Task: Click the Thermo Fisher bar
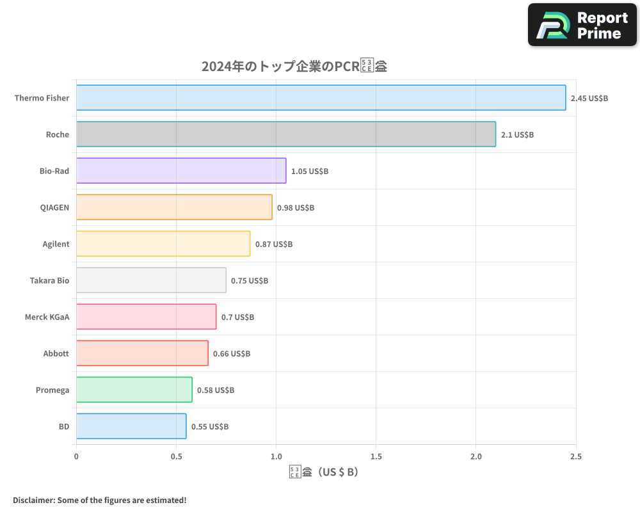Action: [321, 98]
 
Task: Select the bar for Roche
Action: [285, 134]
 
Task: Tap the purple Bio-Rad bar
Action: [181, 171]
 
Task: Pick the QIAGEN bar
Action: [174, 207]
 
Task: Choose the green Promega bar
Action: [134, 390]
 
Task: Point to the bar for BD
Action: [131, 426]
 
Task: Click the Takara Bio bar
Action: [151, 280]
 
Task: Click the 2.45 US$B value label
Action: [589, 99]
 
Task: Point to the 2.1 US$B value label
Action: [517, 135]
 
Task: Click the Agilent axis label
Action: [56, 244]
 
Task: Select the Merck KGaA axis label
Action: [47, 317]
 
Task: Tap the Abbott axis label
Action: [56, 354]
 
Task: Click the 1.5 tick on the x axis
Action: [376, 456]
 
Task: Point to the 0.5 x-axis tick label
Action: [176, 456]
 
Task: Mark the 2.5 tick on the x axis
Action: [575, 456]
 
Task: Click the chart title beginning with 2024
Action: [294, 66]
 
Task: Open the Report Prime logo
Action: [582, 25]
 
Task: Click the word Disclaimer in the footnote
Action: [33, 500]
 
